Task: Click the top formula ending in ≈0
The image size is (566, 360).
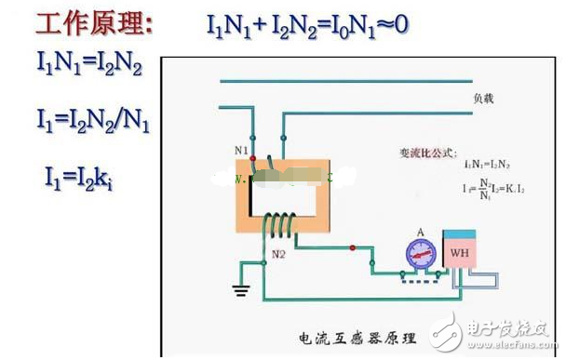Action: pos(307,23)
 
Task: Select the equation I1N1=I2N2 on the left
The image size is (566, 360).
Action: pos(91,67)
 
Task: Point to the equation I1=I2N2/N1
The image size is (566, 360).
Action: pos(93,121)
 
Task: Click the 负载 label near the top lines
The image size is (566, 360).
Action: pos(486,96)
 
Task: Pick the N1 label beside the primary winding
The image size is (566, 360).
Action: pos(241,149)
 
